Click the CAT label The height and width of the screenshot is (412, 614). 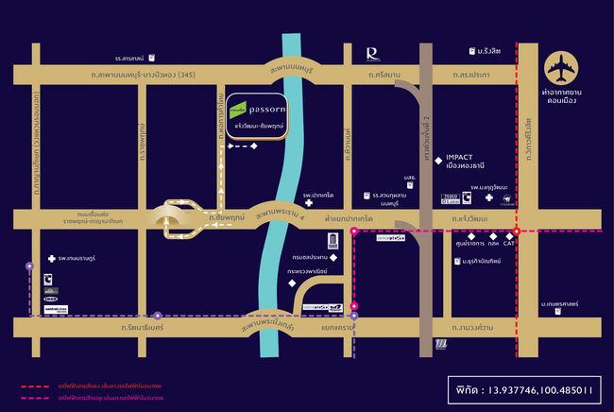[x=508, y=243]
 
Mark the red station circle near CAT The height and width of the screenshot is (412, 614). [x=517, y=230]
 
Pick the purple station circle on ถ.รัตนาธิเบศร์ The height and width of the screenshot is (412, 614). [x=158, y=315]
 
